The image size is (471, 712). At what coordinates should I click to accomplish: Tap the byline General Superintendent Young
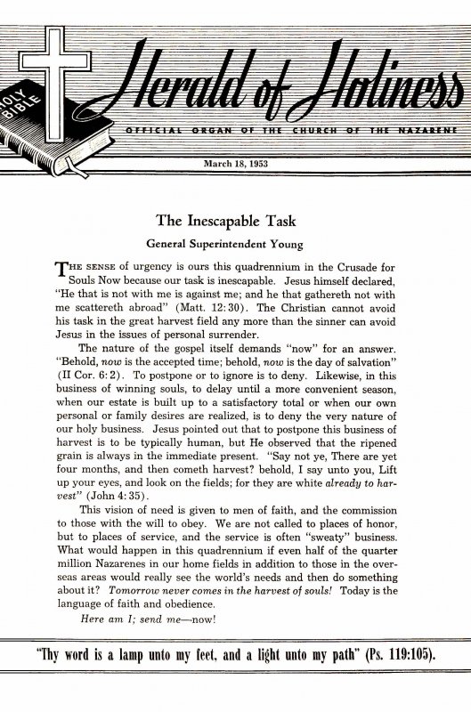(234, 240)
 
